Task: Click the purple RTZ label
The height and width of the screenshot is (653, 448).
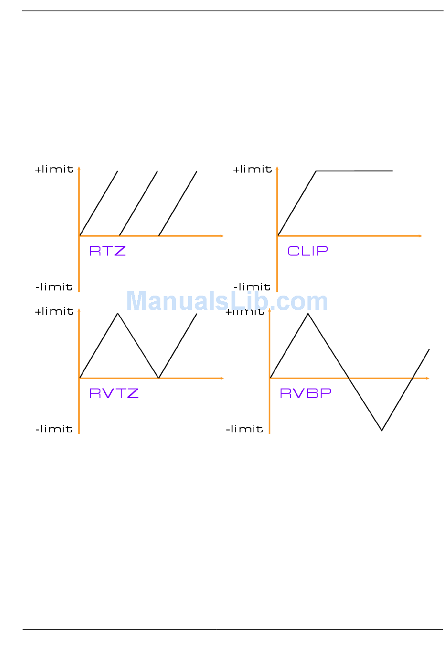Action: point(108,251)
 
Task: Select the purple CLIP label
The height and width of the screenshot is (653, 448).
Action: point(307,251)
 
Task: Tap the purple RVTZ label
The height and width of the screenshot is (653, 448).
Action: point(114,393)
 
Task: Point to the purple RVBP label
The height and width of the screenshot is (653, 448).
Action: point(306,393)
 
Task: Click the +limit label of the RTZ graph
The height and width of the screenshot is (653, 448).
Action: point(54,169)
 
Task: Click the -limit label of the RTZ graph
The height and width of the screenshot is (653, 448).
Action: point(54,287)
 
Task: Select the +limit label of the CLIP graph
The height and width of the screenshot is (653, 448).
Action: point(252,169)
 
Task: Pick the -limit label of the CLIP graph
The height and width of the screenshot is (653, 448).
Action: point(252,287)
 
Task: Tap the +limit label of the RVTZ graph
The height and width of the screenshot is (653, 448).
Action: point(54,312)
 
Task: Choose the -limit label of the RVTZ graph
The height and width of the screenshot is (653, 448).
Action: point(54,429)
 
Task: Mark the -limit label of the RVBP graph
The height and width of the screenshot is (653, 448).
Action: point(244,429)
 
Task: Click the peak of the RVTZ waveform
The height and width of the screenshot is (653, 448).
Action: point(117,314)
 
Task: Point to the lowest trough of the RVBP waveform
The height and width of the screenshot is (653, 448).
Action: point(382,430)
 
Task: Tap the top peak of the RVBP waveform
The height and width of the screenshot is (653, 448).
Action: point(308,314)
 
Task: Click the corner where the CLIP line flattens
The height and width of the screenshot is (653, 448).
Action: point(316,171)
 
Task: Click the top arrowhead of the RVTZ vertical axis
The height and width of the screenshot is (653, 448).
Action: point(79,310)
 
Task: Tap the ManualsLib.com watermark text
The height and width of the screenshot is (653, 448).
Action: point(227,301)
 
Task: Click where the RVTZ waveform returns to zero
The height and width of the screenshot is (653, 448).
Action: point(158,378)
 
